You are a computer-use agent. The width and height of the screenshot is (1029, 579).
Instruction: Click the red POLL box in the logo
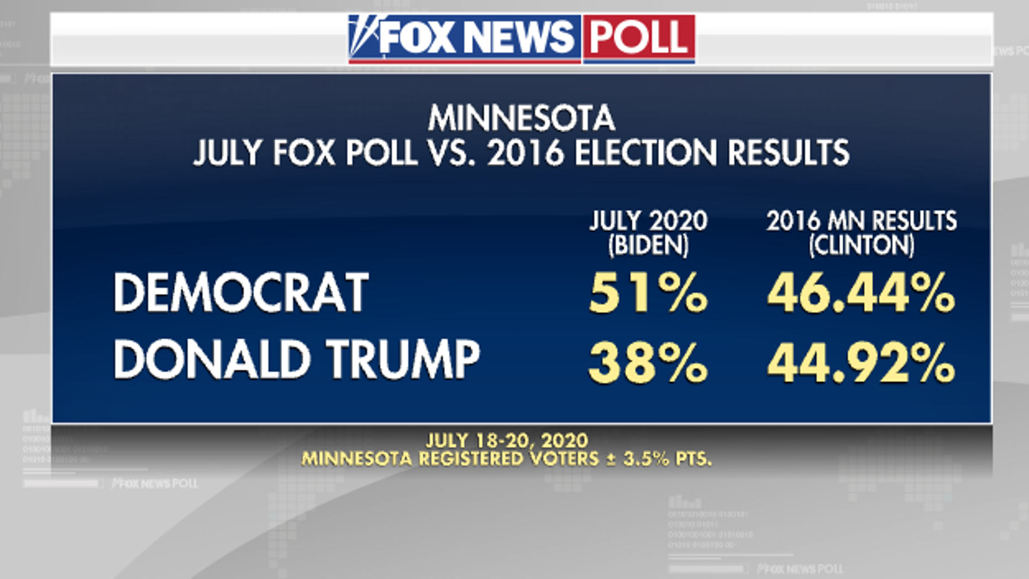point(639,38)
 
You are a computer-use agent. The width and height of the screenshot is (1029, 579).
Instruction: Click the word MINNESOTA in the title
point(522,119)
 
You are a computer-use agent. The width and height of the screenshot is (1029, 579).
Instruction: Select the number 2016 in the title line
point(525,153)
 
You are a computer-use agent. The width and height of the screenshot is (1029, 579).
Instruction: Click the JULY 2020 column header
point(648,221)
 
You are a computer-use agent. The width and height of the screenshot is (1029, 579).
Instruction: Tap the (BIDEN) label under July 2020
point(648,245)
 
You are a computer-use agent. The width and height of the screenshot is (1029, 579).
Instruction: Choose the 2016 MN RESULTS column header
point(862,221)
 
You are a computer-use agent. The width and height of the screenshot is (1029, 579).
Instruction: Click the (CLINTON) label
point(862,245)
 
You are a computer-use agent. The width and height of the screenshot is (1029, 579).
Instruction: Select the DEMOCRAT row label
point(241,292)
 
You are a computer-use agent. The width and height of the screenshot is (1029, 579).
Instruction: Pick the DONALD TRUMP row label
point(297,360)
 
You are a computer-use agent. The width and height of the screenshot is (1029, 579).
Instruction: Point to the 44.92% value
point(861,362)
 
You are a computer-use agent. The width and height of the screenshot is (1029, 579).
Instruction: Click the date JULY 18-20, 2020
point(507,440)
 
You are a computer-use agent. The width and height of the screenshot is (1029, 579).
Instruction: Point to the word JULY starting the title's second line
point(227,153)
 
